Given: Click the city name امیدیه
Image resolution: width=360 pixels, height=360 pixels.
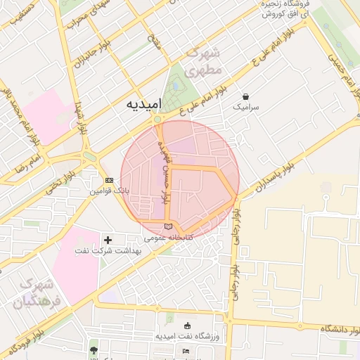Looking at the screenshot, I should [143, 104].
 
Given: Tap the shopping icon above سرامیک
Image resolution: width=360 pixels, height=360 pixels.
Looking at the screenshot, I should [245, 96].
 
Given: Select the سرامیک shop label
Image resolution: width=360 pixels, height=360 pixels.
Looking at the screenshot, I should [245, 108].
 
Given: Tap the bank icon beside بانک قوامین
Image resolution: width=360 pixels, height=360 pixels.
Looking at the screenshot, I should [108, 180].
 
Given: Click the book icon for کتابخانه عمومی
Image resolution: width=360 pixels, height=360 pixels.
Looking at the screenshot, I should [167, 226].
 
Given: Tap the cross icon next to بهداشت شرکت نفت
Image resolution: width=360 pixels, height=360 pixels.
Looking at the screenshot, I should [108, 240].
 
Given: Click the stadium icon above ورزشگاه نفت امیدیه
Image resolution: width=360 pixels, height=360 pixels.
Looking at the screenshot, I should [187, 326].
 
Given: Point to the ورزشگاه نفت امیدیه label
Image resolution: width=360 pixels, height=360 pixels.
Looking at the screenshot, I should [187, 337].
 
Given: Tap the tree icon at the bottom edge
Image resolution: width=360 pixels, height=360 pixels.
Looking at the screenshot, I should [94, 349].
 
